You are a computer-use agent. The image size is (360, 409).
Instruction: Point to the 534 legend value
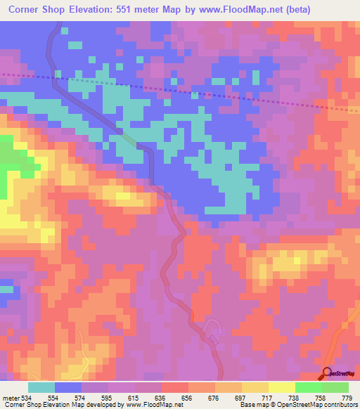click(x=25, y=397)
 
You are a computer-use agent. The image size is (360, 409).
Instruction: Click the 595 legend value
click(x=107, y=397)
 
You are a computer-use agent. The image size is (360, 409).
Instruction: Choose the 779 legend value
click(x=346, y=397)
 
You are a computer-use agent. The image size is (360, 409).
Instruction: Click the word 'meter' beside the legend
click(x=9, y=397)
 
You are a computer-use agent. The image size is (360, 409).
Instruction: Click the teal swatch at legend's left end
click(x=41, y=387)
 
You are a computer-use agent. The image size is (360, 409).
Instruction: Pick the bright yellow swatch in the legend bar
click(x=281, y=387)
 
